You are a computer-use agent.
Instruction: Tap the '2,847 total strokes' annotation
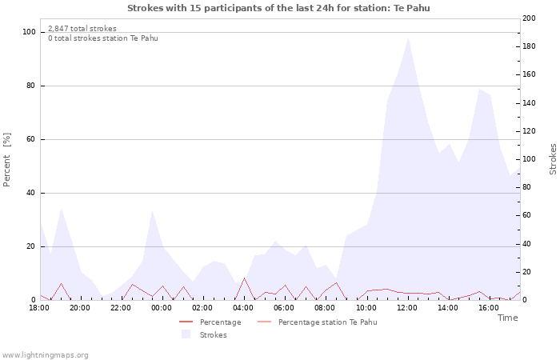point(82,29)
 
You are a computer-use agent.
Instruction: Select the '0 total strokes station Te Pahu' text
point(102,38)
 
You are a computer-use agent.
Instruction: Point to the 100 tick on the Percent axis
point(30,32)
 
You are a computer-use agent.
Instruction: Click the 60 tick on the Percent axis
point(31,139)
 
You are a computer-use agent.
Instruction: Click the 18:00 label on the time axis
point(40,307)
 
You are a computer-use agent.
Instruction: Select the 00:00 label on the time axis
point(162,307)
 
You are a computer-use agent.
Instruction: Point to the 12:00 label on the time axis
point(407,307)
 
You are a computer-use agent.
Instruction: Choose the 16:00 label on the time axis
point(489,307)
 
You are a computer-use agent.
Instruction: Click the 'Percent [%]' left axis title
point(7,160)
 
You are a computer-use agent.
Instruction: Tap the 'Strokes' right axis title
point(553,159)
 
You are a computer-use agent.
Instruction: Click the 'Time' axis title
point(507,318)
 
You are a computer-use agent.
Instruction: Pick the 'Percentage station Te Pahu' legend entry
point(327,322)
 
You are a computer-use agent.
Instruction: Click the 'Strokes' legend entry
point(213,335)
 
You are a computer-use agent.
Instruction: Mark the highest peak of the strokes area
point(408,38)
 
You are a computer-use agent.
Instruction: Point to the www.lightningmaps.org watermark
point(45,354)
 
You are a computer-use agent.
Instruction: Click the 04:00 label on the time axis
point(243,307)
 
